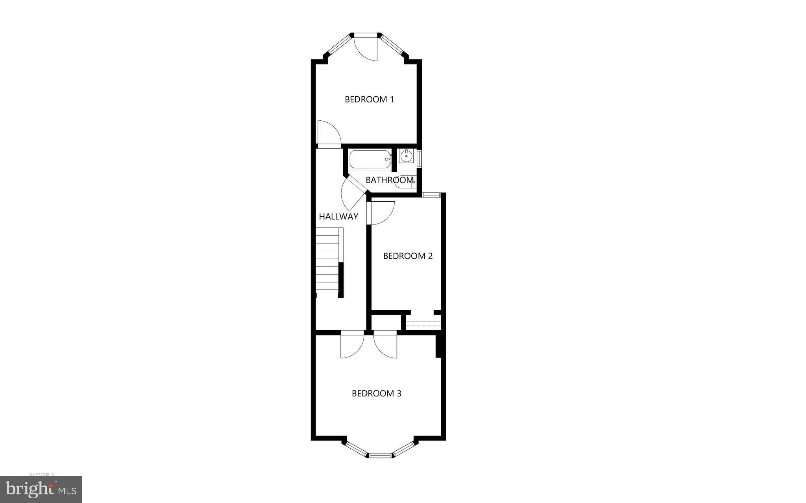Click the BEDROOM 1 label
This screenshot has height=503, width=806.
click(x=369, y=99)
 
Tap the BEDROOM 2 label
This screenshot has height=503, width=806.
click(x=408, y=256)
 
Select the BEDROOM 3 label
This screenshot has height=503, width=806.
click(x=376, y=393)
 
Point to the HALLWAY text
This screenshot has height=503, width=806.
click(x=338, y=216)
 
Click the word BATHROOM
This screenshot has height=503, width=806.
click(x=390, y=180)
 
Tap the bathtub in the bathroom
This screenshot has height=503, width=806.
click(x=370, y=159)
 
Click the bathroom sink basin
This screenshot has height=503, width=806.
click(x=406, y=156)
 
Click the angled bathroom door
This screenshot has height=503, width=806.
click(x=353, y=193)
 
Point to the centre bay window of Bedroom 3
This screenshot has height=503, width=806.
click(x=380, y=455)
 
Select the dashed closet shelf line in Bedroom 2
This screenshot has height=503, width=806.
click(x=423, y=326)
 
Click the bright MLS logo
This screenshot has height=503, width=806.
click(x=41, y=490)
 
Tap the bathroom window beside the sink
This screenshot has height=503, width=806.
click(x=420, y=158)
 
